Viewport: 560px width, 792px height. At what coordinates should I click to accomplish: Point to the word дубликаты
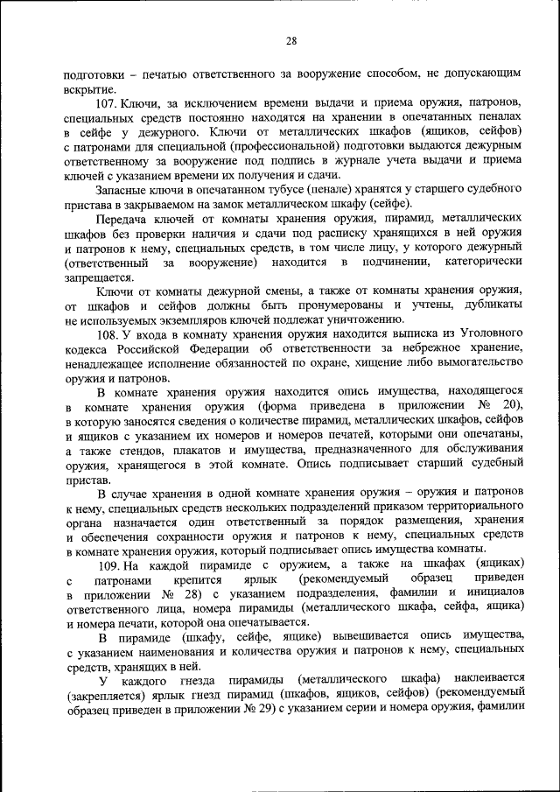(493, 305)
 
